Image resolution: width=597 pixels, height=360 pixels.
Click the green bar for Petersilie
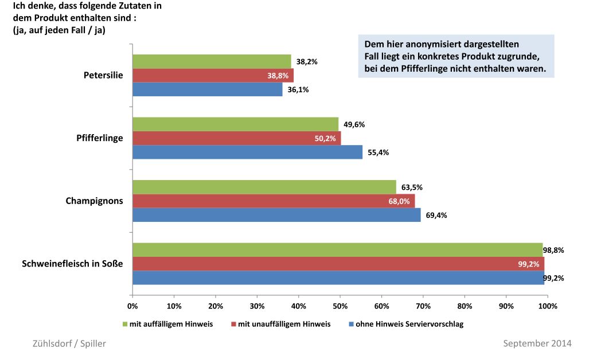tap(212, 61)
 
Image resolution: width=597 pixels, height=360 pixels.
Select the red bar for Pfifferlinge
tap(236, 138)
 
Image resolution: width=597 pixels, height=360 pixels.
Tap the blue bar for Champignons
tap(276, 215)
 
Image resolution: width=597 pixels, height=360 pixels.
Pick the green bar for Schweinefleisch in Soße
tap(337, 250)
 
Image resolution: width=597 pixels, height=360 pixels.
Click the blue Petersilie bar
tap(207, 89)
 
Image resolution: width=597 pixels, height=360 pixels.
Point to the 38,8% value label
tap(278, 76)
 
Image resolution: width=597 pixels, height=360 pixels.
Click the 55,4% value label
tap(378, 152)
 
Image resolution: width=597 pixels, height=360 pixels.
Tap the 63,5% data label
tap(411, 187)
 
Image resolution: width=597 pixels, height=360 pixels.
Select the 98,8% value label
tap(553, 250)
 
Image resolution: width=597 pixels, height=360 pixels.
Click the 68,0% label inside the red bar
tap(399, 201)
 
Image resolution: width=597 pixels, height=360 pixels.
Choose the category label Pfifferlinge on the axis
tap(99, 138)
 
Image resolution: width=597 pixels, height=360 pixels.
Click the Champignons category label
tap(94, 201)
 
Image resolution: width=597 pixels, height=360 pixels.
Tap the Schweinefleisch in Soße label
tap(72, 264)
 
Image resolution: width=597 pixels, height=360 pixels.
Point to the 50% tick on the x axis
tap(340, 306)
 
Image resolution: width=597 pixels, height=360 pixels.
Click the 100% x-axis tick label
tap(548, 306)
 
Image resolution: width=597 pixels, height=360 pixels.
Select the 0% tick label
tap(132, 306)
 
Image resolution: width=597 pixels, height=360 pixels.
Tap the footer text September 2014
tap(537, 343)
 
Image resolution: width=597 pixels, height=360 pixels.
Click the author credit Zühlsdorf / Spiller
tap(68, 343)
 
